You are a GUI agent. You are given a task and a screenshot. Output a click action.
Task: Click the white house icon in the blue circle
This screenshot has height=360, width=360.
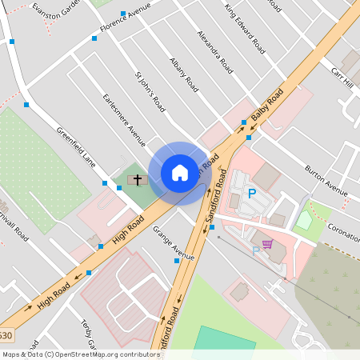179,172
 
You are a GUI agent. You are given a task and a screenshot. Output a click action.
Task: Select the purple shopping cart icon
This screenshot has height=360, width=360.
267,244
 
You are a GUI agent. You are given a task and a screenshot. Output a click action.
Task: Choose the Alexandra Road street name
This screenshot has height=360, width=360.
215,53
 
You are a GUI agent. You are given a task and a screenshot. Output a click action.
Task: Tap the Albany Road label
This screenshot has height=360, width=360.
183,74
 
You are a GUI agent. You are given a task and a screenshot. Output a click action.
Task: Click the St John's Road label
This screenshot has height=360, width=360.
150,92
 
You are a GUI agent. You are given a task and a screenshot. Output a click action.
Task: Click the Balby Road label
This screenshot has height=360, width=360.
267,106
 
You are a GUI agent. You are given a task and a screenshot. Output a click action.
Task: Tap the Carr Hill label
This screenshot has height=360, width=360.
342,78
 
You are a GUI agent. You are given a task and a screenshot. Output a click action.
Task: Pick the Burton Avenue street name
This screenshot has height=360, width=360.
326,181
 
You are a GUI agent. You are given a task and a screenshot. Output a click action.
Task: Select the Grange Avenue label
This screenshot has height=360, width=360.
174,246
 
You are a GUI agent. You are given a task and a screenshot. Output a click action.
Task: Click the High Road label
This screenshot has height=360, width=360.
128,231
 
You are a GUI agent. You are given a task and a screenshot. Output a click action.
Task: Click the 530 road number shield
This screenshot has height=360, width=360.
6,335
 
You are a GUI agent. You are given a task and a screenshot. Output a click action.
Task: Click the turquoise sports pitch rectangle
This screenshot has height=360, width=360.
225,342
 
